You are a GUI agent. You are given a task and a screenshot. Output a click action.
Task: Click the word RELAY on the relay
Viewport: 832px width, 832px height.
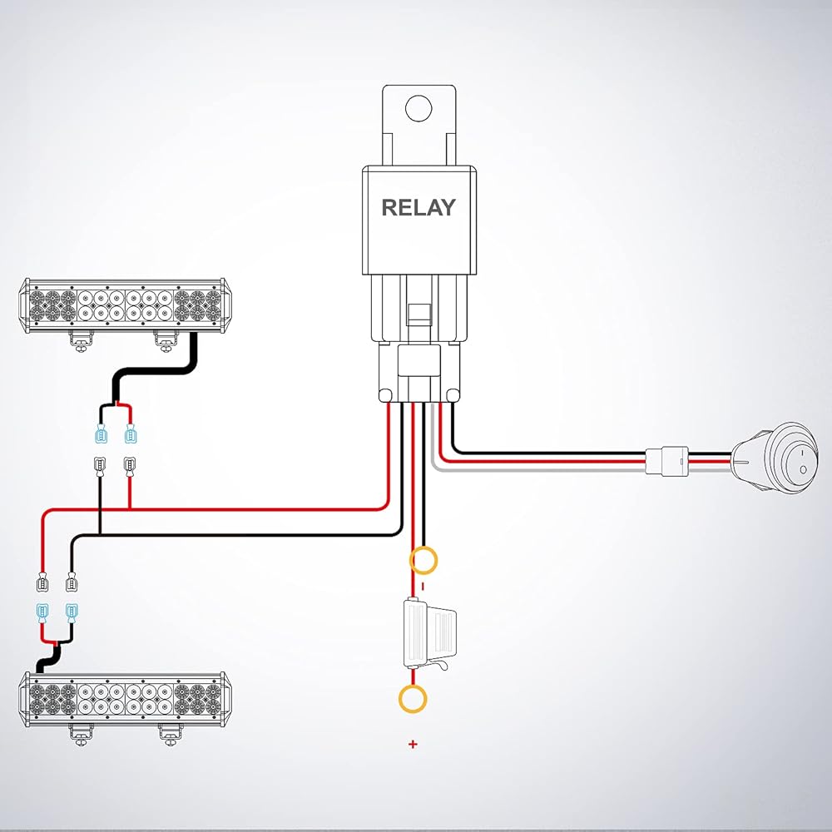[418, 207]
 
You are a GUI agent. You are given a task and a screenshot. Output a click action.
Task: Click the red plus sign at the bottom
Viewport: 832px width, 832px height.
[413, 744]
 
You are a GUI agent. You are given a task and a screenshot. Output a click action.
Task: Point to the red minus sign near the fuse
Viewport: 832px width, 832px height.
[422, 586]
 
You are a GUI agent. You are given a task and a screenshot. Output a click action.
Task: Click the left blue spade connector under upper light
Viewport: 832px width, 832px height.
[102, 435]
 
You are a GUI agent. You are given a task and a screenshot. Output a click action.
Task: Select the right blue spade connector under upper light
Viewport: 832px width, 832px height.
[130, 435]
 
